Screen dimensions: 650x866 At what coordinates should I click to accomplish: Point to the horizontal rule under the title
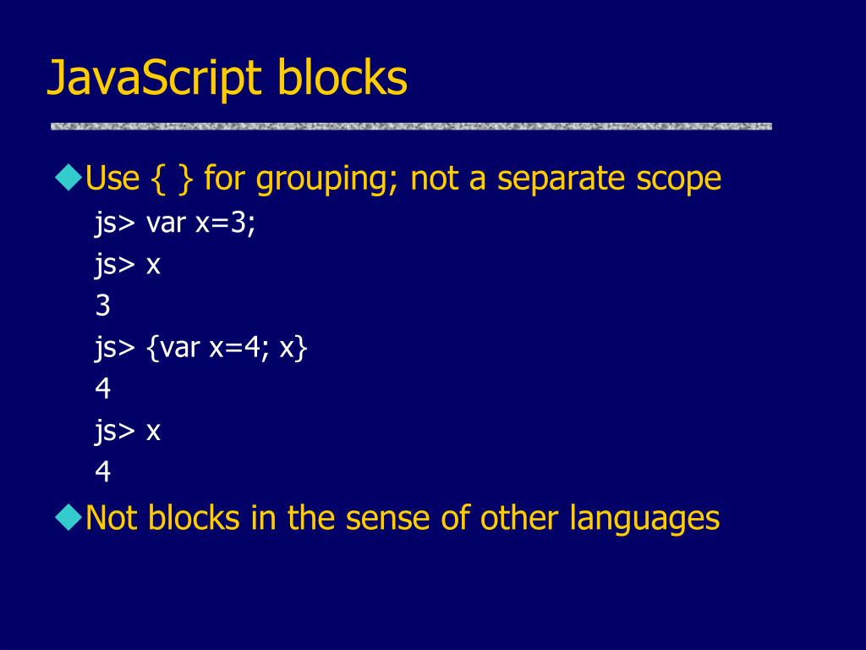tap(411, 126)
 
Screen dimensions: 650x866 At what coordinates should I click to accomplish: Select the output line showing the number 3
tap(103, 306)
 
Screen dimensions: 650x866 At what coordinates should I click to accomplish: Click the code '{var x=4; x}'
tap(227, 348)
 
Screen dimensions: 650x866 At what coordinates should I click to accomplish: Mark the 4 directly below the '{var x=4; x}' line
tap(103, 388)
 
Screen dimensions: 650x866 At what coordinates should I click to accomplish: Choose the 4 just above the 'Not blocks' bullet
tap(103, 471)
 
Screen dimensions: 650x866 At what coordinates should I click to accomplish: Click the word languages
tap(644, 519)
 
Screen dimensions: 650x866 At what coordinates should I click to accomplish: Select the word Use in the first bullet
tap(112, 179)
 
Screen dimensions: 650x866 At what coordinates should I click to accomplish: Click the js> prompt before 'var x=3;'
tap(115, 224)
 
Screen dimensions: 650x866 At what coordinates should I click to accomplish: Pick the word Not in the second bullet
tap(112, 517)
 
